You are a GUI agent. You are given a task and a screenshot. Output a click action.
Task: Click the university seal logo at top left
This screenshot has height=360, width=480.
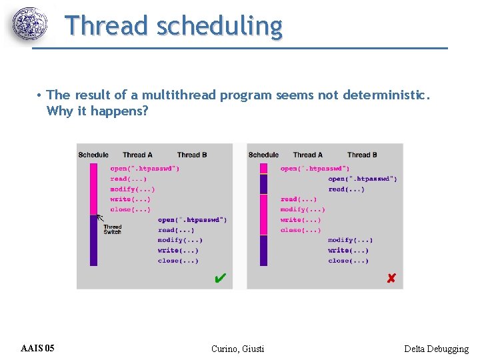pos(31,25)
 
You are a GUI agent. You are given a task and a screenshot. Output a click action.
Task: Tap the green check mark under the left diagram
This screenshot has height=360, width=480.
pos(220,277)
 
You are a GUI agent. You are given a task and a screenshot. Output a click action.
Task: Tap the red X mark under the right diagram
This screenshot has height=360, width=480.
pos(391,278)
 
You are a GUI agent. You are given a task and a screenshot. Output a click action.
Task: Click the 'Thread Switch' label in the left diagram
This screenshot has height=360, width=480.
pos(112,229)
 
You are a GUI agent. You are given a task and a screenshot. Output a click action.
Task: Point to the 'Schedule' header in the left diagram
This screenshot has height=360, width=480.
pos(93,155)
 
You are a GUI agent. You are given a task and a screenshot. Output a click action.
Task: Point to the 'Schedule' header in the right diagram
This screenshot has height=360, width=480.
pos(263,155)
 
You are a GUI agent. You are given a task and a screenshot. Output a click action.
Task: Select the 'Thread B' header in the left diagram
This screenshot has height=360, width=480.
pos(192,155)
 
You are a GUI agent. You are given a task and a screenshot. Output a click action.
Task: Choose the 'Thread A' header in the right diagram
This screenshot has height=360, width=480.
pos(307,155)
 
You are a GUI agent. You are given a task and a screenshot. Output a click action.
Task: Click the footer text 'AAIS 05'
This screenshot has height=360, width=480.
pos(38,348)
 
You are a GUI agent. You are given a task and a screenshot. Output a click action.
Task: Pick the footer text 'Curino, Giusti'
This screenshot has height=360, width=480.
pos(237,349)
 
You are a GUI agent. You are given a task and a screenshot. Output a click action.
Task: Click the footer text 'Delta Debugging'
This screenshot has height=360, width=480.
pos(436,349)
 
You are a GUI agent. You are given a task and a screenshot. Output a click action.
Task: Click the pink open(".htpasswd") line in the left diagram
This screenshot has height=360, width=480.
pos(145,169)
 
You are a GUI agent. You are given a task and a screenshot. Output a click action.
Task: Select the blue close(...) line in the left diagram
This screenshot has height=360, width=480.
pos(178,261)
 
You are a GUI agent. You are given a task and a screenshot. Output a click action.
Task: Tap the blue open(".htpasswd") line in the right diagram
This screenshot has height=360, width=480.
pos(363,179)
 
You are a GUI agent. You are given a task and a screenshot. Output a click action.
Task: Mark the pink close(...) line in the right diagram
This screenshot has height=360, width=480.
pos(301,230)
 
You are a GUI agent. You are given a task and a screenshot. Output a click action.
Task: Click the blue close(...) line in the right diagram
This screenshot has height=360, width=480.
pos(348,261)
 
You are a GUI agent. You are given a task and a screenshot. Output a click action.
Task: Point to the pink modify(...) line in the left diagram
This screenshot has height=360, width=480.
pos(132,189)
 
